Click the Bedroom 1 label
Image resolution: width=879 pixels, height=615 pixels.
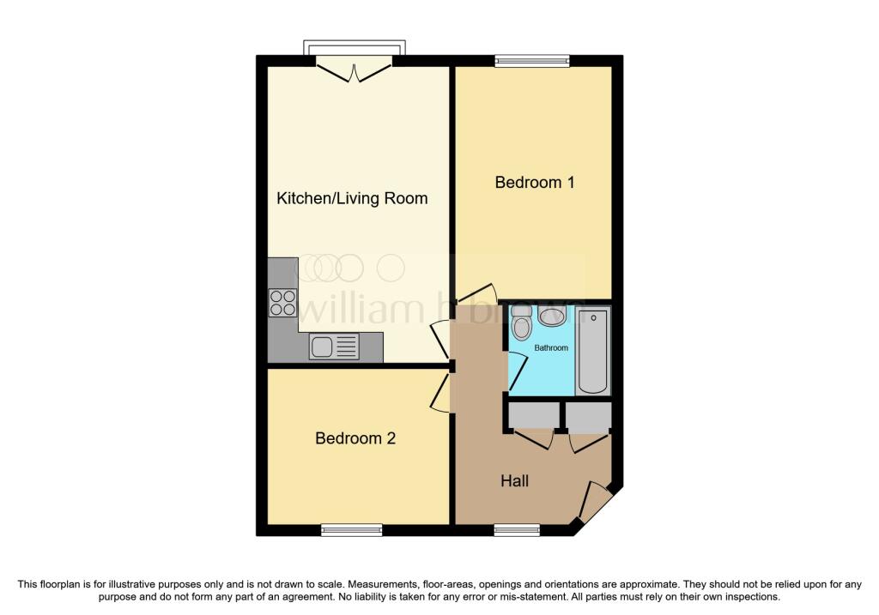tap(534, 183)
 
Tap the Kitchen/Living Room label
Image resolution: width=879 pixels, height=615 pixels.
tap(352, 198)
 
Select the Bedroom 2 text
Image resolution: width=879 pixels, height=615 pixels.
tap(355, 438)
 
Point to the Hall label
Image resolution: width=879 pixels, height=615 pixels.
tap(515, 481)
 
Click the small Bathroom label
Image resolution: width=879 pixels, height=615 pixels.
tap(551, 348)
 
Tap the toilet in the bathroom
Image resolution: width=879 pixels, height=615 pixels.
tap(521, 323)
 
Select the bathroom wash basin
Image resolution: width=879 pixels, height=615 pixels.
tap(552, 316)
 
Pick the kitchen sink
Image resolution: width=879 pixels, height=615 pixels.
tap(334, 347)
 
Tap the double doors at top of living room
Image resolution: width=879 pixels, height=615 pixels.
tap(354, 72)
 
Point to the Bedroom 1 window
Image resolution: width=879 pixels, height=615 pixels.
tap(532, 61)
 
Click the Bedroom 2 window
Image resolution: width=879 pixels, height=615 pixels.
tap(351, 530)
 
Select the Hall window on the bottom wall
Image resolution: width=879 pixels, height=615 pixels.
tap(517, 530)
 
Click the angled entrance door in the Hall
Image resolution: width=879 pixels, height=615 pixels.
tap(593, 500)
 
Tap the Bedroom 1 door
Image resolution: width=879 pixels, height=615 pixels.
tap(477, 294)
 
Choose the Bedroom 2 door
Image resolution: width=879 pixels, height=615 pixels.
tap(441, 394)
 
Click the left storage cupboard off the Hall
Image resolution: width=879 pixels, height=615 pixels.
tap(534, 417)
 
